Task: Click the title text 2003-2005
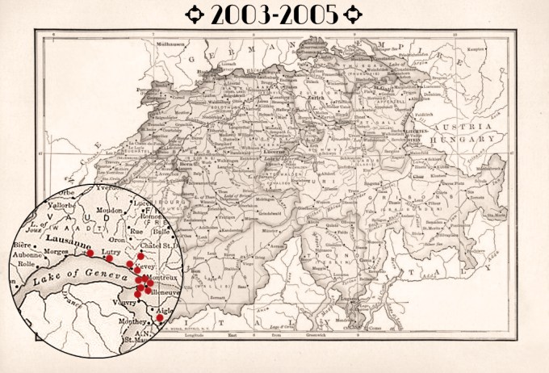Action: coord(274,15)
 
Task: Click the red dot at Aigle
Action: coord(160,317)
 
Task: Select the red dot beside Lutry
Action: coord(109,258)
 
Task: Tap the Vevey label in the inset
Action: coord(145,266)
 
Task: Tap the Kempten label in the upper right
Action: coord(471,50)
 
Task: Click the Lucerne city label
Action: coord(268,151)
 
